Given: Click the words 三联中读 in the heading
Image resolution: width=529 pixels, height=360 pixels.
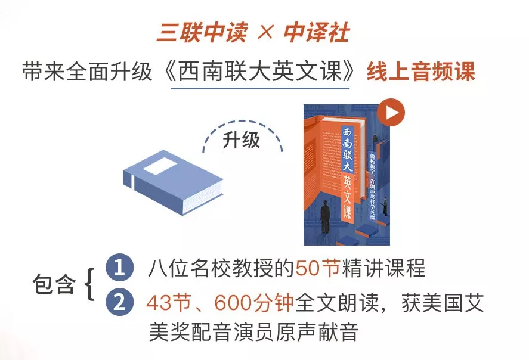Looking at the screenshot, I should [x=201, y=33].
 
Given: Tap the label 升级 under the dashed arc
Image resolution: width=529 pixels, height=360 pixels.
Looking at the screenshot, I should [x=242, y=140].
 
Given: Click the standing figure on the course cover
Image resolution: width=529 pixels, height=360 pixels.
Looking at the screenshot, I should [x=326, y=217].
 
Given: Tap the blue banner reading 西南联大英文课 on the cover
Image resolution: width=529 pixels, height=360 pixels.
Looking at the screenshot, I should [x=350, y=172].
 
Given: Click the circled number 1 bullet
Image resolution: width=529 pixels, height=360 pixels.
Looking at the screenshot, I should [x=119, y=268].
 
